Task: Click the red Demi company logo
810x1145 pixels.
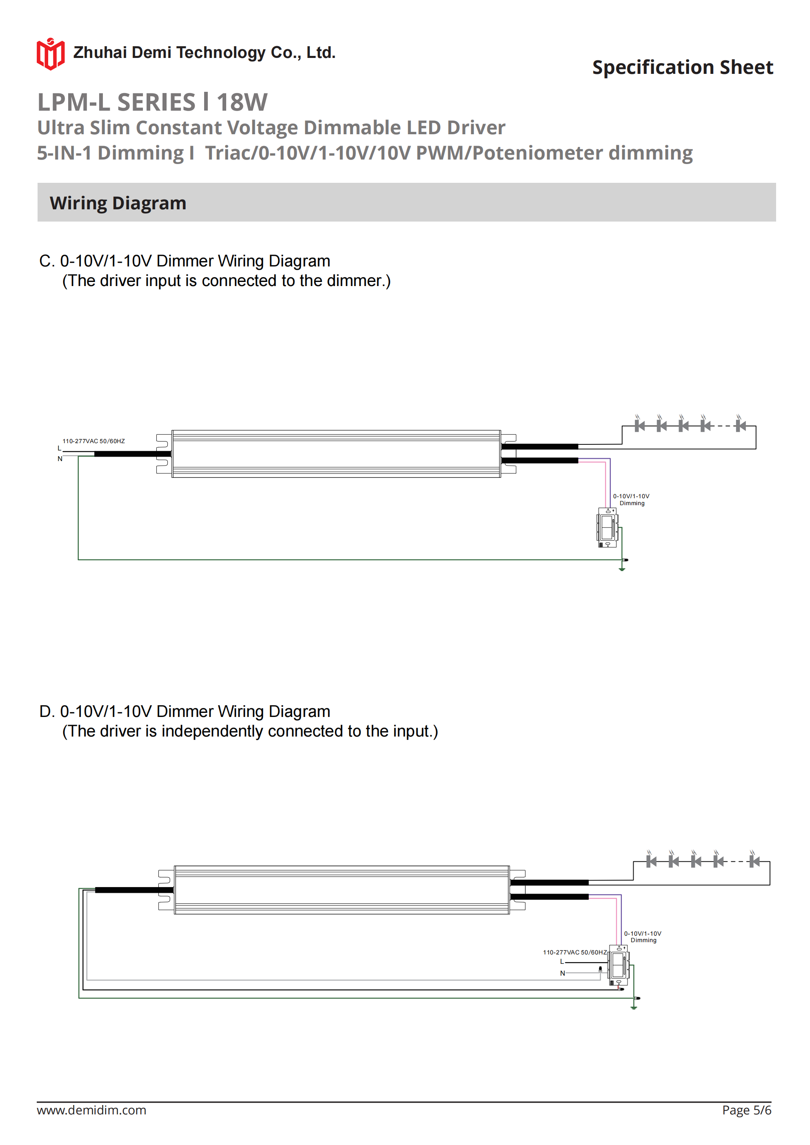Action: click(50, 53)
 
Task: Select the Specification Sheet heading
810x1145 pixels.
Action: click(682, 67)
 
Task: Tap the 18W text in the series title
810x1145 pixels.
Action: click(242, 102)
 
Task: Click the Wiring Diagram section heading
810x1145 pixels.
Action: click(118, 203)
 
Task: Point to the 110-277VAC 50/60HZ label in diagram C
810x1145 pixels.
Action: click(93, 441)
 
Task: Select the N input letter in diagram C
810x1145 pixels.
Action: click(60, 459)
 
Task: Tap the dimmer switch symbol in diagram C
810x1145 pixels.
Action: click(607, 528)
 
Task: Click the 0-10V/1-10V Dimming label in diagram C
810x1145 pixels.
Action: click(631, 499)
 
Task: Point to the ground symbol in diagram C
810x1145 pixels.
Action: click(622, 568)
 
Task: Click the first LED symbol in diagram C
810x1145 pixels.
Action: click(639, 425)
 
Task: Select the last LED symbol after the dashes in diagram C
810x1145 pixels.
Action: click(741, 425)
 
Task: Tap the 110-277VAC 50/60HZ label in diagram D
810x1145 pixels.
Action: click(574, 952)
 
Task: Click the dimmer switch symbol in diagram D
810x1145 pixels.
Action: click(619, 965)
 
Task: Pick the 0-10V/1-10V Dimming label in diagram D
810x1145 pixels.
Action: click(643, 936)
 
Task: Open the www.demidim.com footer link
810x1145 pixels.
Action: click(91, 1110)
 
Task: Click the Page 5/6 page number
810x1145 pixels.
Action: click(746, 1110)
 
